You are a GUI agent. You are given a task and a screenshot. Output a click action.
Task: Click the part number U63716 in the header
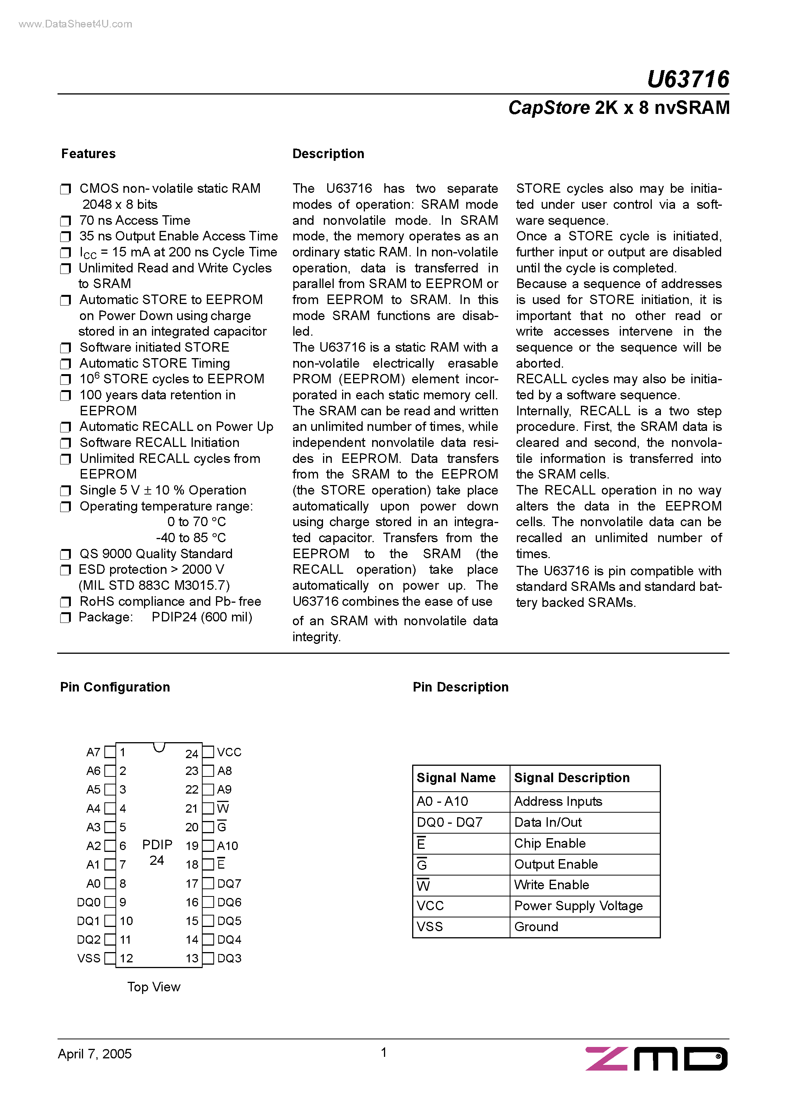pyautogui.click(x=688, y=80)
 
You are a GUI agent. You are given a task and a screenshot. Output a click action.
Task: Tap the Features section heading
pyautogui.click(x=88, y=154)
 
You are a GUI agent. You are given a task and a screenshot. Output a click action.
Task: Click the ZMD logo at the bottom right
pyautogui.click(x=656, y=1059)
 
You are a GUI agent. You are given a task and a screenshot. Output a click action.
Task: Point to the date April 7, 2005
pyautogui.click(x=94, y=1054)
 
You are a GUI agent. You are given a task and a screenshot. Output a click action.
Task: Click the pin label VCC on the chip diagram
pyautogui.click(x=229, y=752)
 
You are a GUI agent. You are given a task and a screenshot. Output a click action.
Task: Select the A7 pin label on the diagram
pyautogui.click(x=93, y=752)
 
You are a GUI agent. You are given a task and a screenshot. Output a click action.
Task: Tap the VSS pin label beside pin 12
pyautogui.click(x=89, y=958)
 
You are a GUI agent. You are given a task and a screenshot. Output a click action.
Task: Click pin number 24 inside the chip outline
pyautogui.click(x=192, y=754)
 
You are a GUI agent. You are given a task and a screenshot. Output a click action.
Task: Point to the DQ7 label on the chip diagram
pyautogui.click(x=229, y=884)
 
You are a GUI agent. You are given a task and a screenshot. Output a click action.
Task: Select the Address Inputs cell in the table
pyautogui.click(x=558, y=802)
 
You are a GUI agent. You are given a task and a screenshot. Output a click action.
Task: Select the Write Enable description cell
pyautogui.click(x=552, y=885)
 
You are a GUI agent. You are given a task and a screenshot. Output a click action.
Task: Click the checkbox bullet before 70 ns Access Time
pyautogui.click(x=66, y=221)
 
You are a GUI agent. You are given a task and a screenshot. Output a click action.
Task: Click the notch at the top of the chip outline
pyautogui.click(x=159, y=747)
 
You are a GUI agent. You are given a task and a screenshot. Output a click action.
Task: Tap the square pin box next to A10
pyautogui.click(x=208, y=846)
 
